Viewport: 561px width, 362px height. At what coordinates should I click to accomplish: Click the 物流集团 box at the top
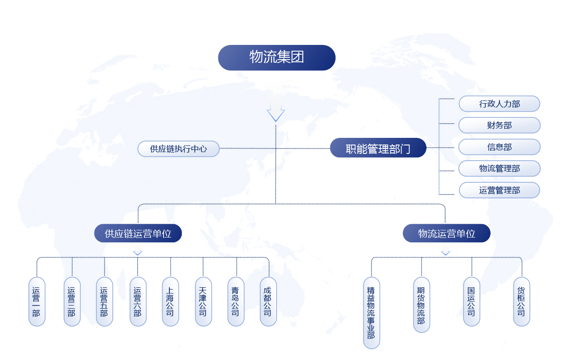(x=276, y=57)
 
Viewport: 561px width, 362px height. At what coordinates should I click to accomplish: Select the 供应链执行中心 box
(x=178, y=149)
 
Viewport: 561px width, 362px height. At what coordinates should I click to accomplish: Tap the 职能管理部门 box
(x=378, y=148)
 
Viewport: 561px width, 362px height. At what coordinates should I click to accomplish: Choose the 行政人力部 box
(x=499, y=104)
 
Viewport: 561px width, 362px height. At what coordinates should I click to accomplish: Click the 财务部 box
(x=499, y=125)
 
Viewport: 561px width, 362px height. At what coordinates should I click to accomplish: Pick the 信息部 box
(x=499, y=147)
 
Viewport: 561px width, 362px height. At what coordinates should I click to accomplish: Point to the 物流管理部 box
(x=499, y=169)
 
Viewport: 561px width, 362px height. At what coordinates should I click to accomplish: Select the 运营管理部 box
(x=499, y=190)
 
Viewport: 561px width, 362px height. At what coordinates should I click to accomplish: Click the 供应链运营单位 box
(x=138, y=233)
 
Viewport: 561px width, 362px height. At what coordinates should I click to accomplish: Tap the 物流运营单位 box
(x=446, y=233)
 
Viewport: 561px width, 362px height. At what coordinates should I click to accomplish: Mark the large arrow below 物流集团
(x=276, y=110)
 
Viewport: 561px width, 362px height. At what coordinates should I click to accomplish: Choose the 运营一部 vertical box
(x=37, y=302)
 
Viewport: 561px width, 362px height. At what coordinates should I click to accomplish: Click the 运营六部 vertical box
(x=138, y=302)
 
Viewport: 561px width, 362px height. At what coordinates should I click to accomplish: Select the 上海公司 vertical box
(x=170, y=302)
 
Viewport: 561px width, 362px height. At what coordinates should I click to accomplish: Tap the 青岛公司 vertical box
(x=236, y=302)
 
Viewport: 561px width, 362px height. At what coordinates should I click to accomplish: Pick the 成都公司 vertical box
(x=268, y=302)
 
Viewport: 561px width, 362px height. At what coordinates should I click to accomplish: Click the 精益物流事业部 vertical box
(x=371, y=313)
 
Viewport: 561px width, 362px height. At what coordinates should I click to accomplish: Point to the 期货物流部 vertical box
(x=421, y=305)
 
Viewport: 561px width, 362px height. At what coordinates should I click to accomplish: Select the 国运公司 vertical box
(x=471, y=302)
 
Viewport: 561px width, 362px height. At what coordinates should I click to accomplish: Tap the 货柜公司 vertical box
(x=521, y=302)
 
